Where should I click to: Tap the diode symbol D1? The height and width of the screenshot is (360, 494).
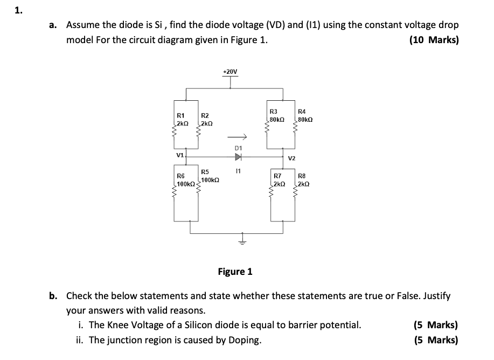(239, 157)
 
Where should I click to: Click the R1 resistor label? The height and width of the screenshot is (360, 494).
(181, 115)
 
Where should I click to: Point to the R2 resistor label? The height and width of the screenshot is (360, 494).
(205, 115)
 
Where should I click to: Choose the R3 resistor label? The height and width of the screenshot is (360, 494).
(273, 111)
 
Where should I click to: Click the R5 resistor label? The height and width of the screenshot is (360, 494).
(205, 172)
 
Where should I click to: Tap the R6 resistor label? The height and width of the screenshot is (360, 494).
(181, 176)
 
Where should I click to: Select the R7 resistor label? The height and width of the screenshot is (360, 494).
(277, 176)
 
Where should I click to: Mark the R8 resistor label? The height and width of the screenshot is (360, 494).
(302, 176)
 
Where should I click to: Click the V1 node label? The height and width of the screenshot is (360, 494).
(179, 155)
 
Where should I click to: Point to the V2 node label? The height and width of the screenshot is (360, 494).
(291, 158)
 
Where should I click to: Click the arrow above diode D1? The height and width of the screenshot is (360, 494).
(239, 136)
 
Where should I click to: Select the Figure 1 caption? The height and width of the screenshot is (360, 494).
(235, 271)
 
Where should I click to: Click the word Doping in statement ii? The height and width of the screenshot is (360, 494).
(245, 340)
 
